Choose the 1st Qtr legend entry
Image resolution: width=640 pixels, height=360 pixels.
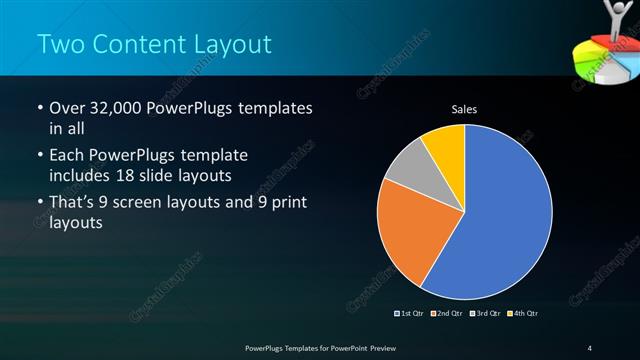click(410, 314)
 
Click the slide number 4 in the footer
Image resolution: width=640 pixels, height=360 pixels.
click(590, 347)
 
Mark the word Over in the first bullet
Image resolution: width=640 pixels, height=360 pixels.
click(67, 108)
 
